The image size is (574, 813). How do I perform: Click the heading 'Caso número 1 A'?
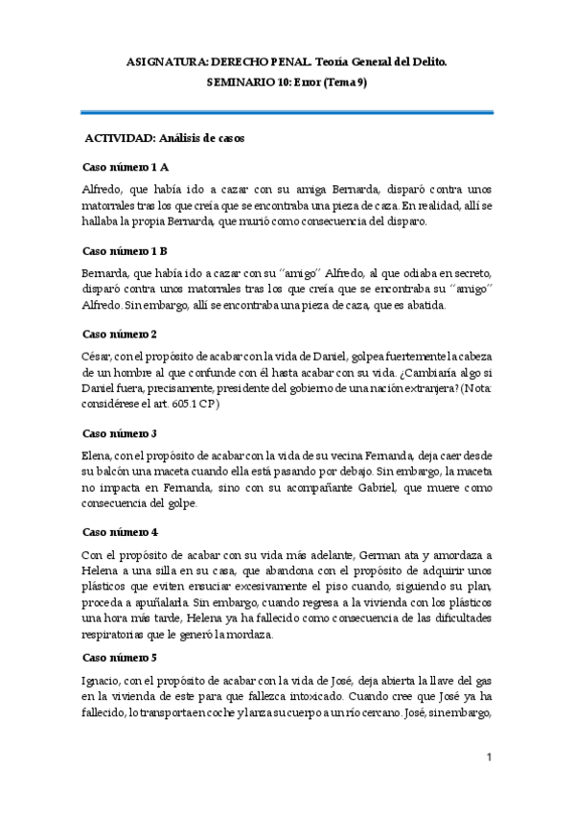[126, 168]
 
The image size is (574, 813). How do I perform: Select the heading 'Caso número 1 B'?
[126, 251]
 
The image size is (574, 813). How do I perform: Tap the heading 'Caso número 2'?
[120, 335]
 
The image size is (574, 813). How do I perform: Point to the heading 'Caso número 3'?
[120, 432]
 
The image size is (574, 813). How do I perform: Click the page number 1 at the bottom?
[489, 757]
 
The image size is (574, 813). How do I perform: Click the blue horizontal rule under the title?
[287, 112]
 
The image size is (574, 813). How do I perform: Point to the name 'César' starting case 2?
[98, 356]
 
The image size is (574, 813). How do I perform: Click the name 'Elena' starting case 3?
[98, 453]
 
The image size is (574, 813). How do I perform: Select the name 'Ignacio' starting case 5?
[103, 678]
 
